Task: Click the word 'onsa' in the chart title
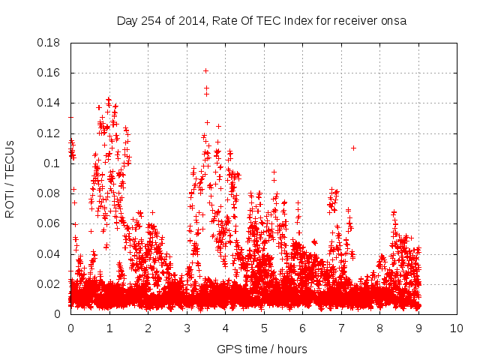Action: pyautogui.click(x=394, y=21)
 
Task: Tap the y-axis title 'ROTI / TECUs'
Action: pyautogui.click(x=10, y=178)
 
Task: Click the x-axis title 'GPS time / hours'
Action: pyautogui.click(x=262, y=349)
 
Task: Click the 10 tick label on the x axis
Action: pyautogui.click(x=457, y=328)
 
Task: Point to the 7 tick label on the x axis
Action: pyautogui.click(x=340, y=328)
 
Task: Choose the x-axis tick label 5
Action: pyautogui.click(x=263, y=328)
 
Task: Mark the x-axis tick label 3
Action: pyautogui.click(x=186, y=328)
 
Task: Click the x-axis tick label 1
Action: pyautogui.click(x=109, y=328)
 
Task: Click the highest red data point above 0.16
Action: pyautogui.click(x=205, y=71)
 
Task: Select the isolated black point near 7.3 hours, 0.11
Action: pyautogui.click(x=353, y=148)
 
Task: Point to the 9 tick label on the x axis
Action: pyautogui.click(x=418, y=328)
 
